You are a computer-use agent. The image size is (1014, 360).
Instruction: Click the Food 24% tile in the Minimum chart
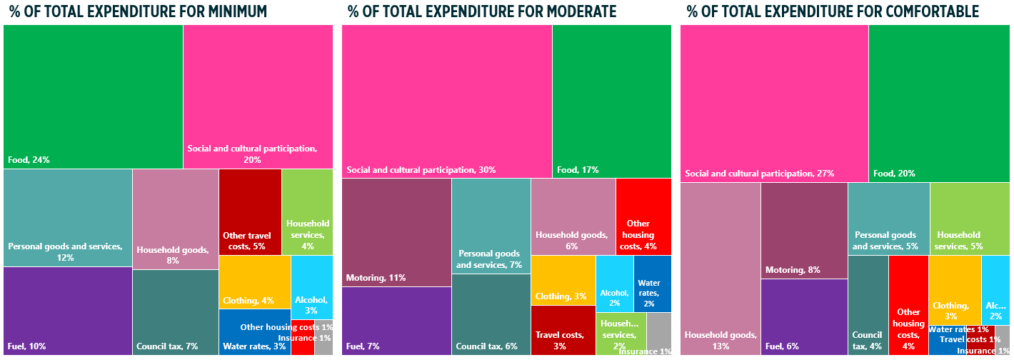(x=93, y=96)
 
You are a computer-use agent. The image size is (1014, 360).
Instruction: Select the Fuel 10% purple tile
(x=67, y=311)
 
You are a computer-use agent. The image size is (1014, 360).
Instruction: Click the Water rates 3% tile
(x=254, y=332)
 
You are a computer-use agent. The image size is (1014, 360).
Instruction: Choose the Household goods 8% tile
(x=175, y=219)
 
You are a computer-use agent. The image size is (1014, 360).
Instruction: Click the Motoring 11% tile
(x=396, y=232)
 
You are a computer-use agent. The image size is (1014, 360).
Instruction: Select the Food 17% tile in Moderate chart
(x=611, y=101)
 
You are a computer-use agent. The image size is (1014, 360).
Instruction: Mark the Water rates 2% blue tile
(x=652, y=284)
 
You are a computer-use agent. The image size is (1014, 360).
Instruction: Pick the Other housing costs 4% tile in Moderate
(x=643, y=216)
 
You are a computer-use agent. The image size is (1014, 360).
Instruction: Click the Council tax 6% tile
(x=491, y=314)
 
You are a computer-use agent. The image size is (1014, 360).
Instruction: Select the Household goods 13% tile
(x=720, y=269)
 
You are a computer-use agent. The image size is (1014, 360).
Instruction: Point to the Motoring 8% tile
(x=803, y=230)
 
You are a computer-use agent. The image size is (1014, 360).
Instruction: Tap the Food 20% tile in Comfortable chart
(x=938, y=103)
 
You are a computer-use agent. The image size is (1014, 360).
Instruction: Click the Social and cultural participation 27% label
(x=759, y=174)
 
